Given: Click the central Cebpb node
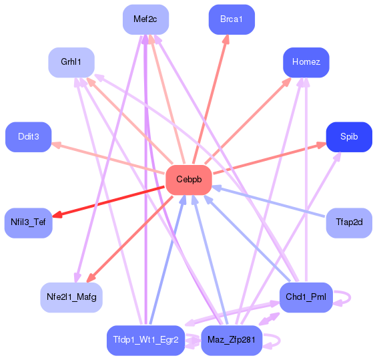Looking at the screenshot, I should click(188, 180).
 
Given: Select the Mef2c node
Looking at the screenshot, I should click(145, 19).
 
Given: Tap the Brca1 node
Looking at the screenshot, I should click(232, 19).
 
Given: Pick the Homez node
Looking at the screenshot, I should click(306, 62).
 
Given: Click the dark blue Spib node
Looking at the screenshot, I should click(349, 136).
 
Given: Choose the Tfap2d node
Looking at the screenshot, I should click(349, 222).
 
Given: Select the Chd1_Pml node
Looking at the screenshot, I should click(306, 297).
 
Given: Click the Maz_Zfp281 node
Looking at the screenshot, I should click(232, 340).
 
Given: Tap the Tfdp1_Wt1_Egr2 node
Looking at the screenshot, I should click(145, 340).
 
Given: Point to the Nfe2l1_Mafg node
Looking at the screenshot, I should click(71, 297).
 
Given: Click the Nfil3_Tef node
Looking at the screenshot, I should click(28, 222).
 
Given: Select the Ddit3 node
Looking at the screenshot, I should click(28, 136).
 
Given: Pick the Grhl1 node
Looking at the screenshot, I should click(71, 62).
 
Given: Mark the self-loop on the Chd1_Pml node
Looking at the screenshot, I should click(344, 297).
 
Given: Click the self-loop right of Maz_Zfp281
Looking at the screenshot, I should click(274, 341).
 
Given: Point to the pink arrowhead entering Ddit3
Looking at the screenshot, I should click(57, 144).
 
